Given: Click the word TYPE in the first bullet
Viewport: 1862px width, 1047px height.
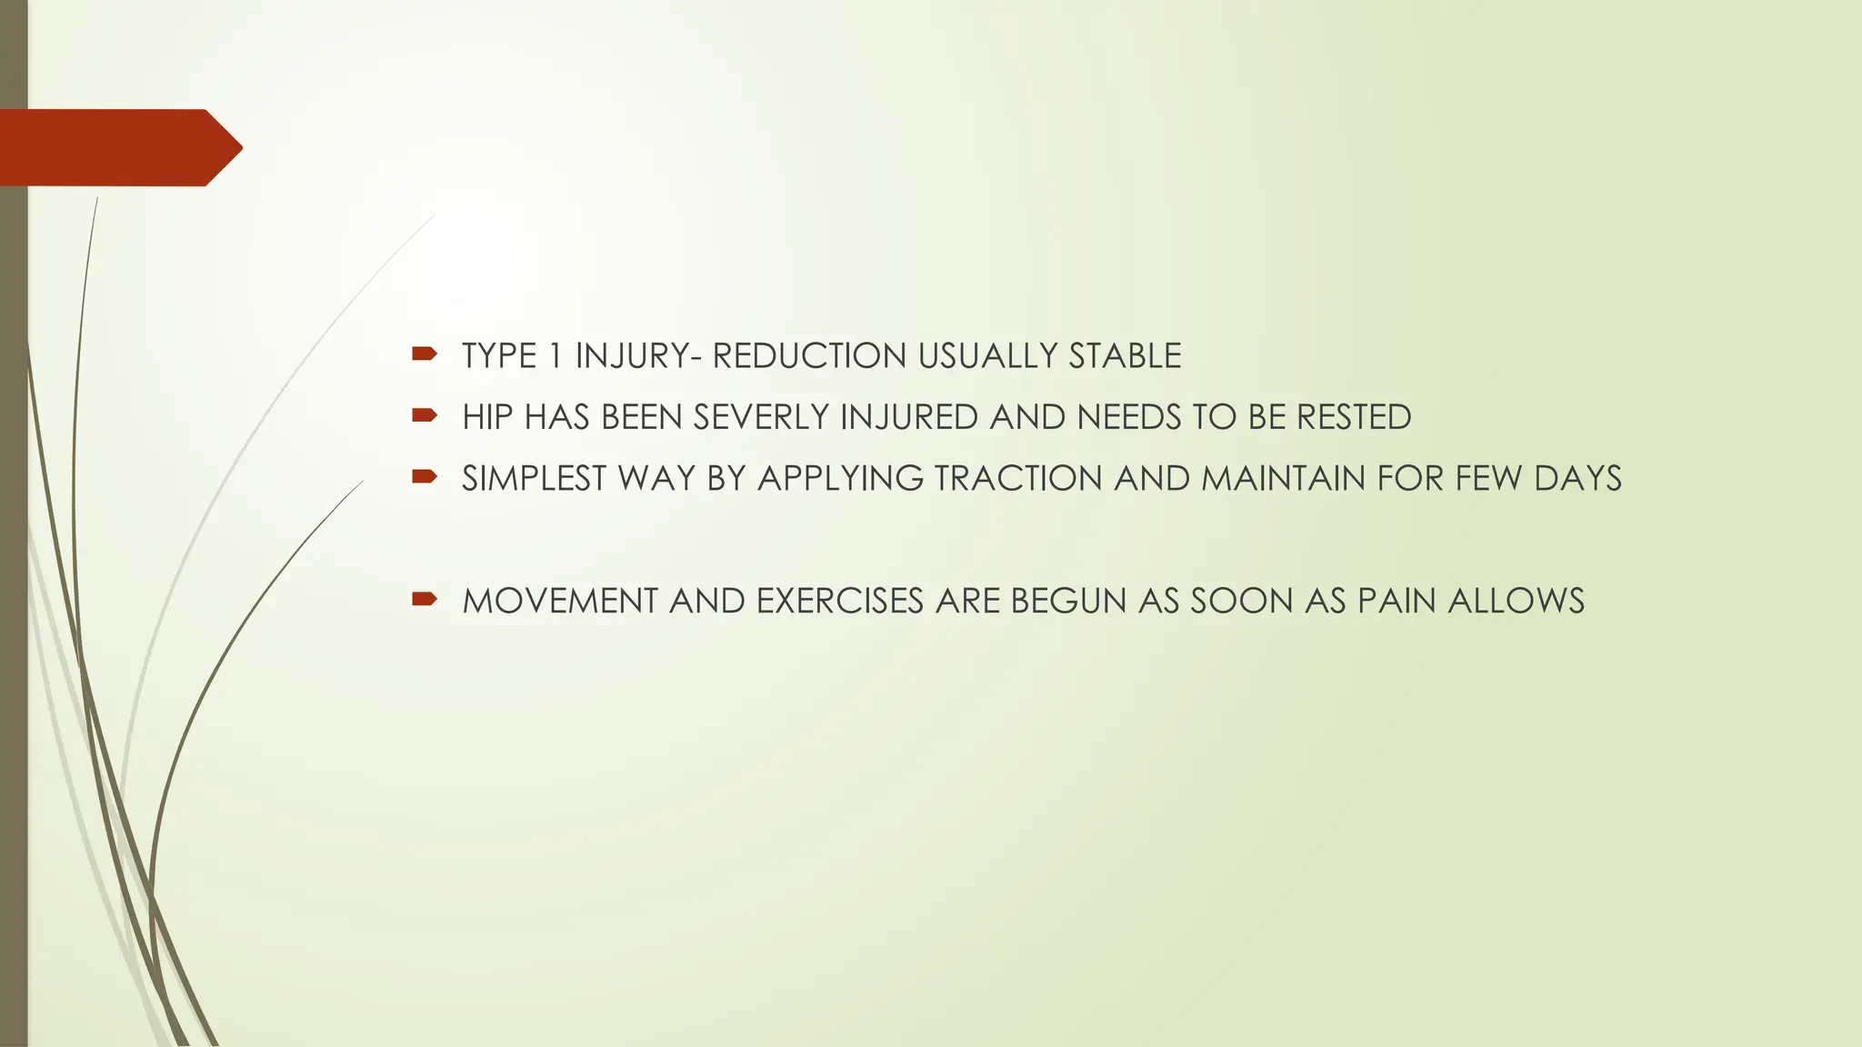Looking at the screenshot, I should point(499,355).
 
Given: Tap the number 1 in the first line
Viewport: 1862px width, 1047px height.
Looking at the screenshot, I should point(556,355).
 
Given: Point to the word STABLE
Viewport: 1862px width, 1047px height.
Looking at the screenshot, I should point(1125,355).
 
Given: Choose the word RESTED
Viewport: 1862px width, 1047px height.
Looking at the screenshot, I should point(1354,417).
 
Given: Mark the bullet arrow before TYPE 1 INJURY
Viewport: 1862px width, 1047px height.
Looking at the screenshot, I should point(424,354).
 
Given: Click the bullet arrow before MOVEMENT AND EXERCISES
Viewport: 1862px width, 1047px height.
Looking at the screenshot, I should point(424,599).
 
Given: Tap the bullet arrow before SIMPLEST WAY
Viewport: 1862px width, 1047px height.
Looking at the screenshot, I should point(424,476).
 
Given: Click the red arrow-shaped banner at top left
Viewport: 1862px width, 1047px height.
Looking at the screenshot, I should point(118,147).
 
